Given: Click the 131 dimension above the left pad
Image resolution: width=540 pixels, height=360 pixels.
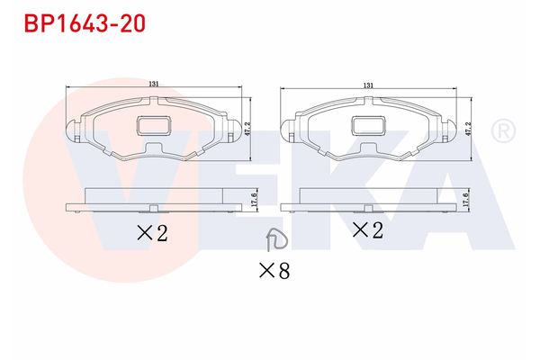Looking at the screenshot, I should point(155,85).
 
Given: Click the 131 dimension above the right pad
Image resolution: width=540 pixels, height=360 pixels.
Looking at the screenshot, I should point(368,85).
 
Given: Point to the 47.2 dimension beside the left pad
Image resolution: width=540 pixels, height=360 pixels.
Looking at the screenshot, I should point(247,130).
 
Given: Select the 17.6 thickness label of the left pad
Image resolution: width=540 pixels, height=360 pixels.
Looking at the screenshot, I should point(254,201).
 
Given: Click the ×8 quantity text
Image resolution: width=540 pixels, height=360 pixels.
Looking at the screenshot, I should point(274,268).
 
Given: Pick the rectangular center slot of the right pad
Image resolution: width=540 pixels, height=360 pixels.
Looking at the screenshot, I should point(367,128).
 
